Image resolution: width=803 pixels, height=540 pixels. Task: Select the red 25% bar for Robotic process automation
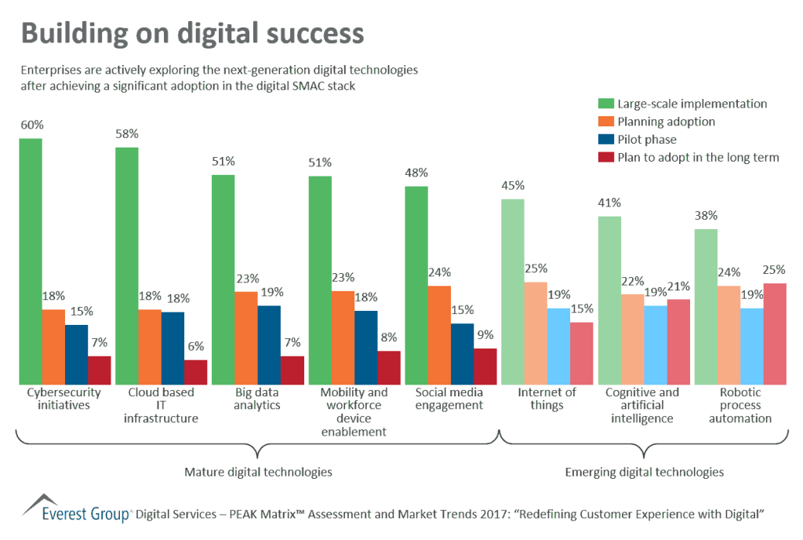pyautogui.click(x=775, y=334)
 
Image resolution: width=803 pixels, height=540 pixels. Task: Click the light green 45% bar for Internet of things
pyautogui.click(x=513, y=291)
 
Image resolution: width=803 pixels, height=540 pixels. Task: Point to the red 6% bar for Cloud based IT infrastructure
pyautogui.click(x=196, y=372)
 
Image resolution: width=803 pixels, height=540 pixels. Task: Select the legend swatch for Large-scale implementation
pyautogui.click(x=605, y=104)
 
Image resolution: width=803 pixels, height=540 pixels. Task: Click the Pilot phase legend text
pyautogui.click(x=647, y=140)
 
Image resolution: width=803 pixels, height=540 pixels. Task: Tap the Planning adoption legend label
pyautogui.click(x=666, y=122)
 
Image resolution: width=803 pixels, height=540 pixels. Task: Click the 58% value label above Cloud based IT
pyautogui.click(x=127, y=133)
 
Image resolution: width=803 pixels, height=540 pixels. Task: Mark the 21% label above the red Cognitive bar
pyautogui.click(x=679, y=286)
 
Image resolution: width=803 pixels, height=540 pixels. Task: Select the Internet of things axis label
pyautogui.click(x=547, y=399)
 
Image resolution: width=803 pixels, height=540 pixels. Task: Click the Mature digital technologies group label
pyautogui.click(x=258, y=472)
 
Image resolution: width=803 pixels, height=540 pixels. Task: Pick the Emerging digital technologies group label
pyautogui.click(x=644, y=472)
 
